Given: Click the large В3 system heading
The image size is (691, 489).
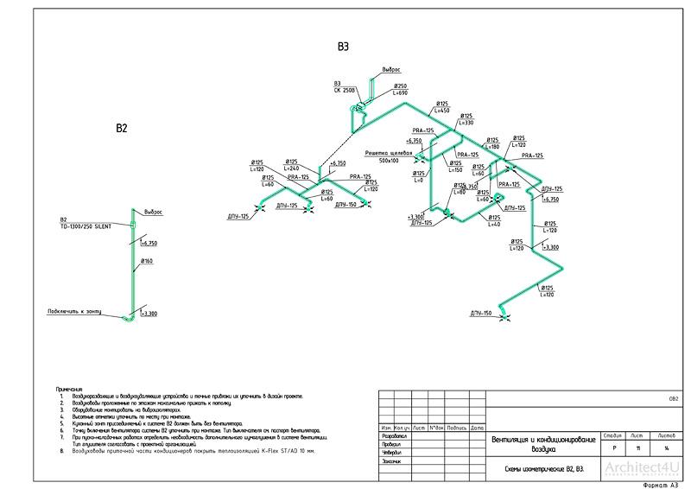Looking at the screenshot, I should coord(343,48).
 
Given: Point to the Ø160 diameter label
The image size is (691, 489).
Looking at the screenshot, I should coord(146,260).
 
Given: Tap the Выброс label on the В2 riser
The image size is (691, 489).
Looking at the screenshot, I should coord(153,212).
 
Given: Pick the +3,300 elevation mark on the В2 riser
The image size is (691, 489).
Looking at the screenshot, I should coord(148,313).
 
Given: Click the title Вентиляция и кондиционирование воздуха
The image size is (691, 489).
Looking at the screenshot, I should coord(542,445).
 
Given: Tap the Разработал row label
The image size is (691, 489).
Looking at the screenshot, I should coord(391,436).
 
